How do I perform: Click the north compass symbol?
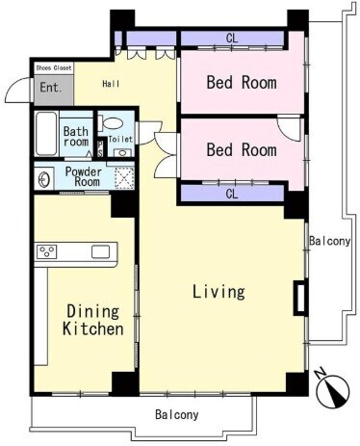pyautogui.click(x=332, y=390)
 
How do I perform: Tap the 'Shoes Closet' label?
pyautogui.click(x=54, y=68)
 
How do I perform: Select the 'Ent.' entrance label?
pyautogui.click(x=51, y=88)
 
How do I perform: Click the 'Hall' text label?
pyautogui.click(x=111, y=84)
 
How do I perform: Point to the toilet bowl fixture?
pyautogui.click(x=111, y=123)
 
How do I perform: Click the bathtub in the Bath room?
pyautogui.click(x=46, y=134)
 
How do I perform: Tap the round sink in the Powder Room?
pyautogui.click(x=43, y=180)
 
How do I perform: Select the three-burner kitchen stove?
pyautogui.click(x=47, y=251)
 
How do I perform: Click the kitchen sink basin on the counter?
pyautogui.click(x=100, y=252)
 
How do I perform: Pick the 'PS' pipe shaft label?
pyautogui.click(x=100, y=148)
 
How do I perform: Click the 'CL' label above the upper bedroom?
pyautogui.click(x=232, y=39)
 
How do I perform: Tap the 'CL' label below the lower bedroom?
pyautogui.click(x=232, y=194)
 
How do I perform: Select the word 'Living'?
pyautogui.click(x=219, y=292)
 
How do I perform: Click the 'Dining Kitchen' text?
pyautogui.click(x=93, y=320)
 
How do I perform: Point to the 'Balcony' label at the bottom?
pyautogui.click(x=177, y=414)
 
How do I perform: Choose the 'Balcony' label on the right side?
pyautogui.click(x=330, y=241)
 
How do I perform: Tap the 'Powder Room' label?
pyautogui.click(x=84, y=176)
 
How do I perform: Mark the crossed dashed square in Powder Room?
pyautogui.click(x=124, y=178)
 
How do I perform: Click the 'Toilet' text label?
pyautogui.click(x=120, y=139)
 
